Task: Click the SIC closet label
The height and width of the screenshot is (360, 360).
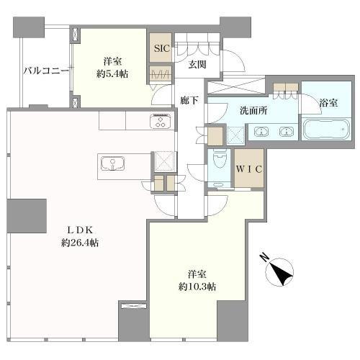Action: click(162, 48)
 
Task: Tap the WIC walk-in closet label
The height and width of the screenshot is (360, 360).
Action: click(249, 169)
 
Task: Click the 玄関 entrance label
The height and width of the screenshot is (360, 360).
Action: click(197, 64)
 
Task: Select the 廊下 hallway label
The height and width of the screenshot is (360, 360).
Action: click(189, 100)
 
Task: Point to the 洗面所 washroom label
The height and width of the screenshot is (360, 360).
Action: click(253, 111)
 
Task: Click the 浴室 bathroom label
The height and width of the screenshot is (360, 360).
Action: click(328, 103)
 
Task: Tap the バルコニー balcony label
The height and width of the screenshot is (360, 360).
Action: click(46, 71)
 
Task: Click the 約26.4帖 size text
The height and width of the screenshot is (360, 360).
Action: click(80, 243)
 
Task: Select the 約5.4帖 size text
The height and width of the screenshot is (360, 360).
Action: click(112, 74)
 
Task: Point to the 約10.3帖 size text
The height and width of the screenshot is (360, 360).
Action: click(197, 287)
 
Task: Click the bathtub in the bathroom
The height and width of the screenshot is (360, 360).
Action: click(325, 130)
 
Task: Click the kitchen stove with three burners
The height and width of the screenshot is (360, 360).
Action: click(161, 121)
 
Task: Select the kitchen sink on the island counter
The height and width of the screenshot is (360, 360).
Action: click(112, 163)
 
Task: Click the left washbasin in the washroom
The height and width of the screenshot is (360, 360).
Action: click(261, 132)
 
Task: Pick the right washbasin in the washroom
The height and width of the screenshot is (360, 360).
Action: click(287, 132)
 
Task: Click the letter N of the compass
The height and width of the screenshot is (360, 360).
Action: click(264, 258)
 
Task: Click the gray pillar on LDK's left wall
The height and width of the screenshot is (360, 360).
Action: click(27, 216)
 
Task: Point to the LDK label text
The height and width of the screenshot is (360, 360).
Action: click(80, 230)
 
